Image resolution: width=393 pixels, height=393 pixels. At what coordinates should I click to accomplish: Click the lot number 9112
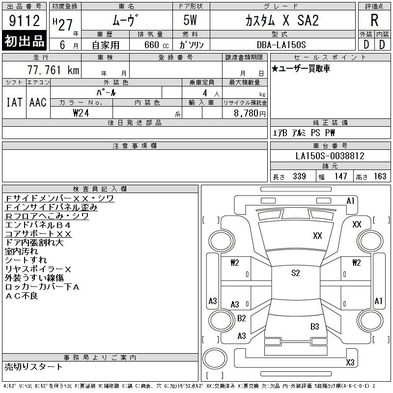(x=25, y=21)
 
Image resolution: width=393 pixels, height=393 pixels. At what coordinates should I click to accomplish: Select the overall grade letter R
(x=374, y=20)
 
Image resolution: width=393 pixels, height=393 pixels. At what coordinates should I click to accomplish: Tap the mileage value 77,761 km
(x=54, y=70)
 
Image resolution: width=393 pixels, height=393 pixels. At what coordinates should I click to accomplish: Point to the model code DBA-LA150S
(x=281, y=45)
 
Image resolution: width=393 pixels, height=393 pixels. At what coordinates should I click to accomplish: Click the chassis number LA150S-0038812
(x=330, y=156)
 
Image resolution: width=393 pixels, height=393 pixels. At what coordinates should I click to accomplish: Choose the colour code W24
(x=81, y=113)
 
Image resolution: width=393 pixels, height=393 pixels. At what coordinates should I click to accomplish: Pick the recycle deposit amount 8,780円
(x=250, y=113)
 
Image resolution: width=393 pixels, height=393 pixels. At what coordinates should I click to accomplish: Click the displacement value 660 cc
(x=156, y=45)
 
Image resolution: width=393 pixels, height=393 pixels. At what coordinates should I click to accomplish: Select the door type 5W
(x=190, y=20)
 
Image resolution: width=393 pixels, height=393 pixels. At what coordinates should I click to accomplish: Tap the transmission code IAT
(x=14, y=102)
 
